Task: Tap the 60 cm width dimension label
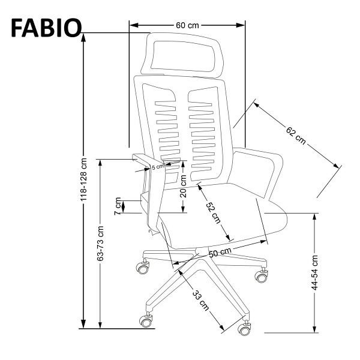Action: [187, 25]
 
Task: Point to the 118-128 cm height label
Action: [84, 179]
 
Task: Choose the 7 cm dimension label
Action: [118, 206]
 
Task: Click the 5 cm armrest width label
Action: [157, 167]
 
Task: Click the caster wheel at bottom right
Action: [245, 329]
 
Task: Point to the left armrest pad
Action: [146, 160]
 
